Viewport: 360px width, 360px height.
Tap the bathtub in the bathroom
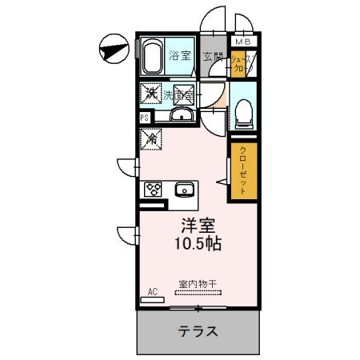[154, 57]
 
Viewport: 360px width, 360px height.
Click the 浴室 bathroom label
[179, 56]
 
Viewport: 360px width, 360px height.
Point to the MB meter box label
[242, 40]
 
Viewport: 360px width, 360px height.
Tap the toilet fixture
[243, 112]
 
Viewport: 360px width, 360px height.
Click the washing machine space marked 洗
[150, 94]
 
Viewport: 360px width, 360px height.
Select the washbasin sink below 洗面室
[182, 117]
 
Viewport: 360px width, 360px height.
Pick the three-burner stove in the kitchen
[153, 190]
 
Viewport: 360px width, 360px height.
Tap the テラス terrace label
[198, 330]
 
